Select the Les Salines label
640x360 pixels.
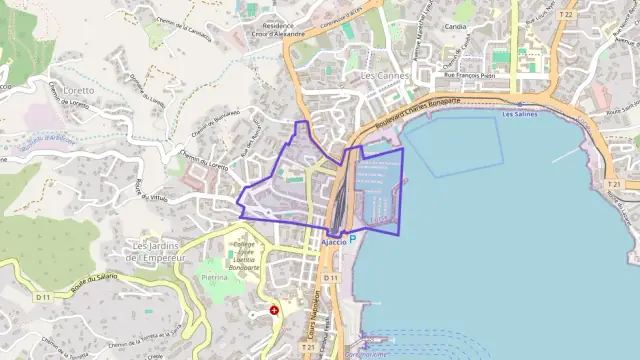520,114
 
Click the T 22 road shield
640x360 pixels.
567,15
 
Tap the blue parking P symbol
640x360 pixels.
352,241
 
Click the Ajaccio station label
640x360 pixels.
334,241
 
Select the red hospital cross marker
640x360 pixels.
274,311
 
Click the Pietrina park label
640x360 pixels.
216,277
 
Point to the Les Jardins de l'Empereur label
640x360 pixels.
159,252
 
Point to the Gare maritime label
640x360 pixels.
365,353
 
